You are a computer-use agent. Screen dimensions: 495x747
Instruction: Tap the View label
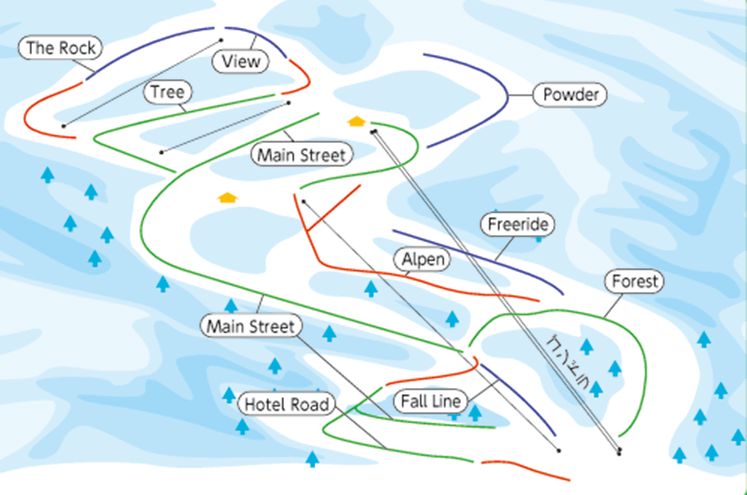[x=241, y=62]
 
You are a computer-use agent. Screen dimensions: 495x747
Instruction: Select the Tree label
[x=168, y=92]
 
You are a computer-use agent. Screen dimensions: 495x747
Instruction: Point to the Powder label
[x=570, y=95]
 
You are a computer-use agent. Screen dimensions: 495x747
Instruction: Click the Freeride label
[x=517, y=224]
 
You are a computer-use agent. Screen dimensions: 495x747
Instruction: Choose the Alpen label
[x=422, y=259]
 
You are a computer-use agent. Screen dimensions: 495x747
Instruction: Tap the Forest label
[x=635, y=281]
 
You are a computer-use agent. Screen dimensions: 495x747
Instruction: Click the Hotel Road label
[x=287, y=404]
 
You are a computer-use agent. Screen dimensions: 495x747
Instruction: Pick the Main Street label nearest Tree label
[x=302, y=154]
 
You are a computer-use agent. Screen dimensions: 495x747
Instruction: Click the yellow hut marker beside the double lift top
[x=355, y=121]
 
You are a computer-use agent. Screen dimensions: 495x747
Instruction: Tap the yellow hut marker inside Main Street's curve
[x=225, y=198]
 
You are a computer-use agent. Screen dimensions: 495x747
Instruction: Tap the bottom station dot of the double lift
[x=619, y=453]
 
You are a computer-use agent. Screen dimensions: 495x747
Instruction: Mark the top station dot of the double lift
[x=373, y=133]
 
